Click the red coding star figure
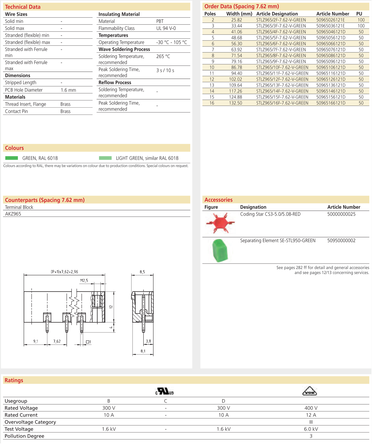220,223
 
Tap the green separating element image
220,251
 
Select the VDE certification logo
310,391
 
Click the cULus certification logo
165,391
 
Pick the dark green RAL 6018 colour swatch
12,158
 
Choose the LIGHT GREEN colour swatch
105,158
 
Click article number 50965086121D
331,56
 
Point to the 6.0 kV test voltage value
311,429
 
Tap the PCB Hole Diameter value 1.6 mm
68,90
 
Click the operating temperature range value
172,42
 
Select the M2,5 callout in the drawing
84,281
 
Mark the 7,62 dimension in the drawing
57,341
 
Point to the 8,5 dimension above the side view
142,272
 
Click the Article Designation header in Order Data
277,14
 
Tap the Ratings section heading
14,380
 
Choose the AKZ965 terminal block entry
13,214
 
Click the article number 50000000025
341,214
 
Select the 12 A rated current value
311,415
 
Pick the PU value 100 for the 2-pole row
361,20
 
